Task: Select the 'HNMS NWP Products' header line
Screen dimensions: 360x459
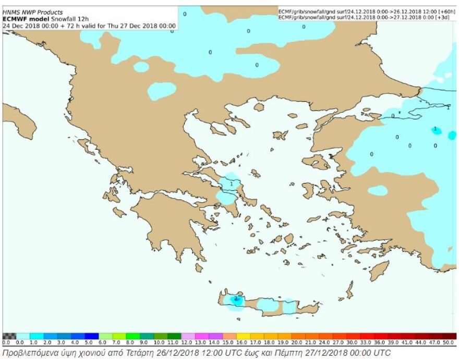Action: pos(32,12)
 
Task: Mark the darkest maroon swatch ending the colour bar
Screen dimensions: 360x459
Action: pos(450,336)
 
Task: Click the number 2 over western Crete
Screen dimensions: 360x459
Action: pos(236,298)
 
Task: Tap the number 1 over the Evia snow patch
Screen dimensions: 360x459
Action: pos(231,184)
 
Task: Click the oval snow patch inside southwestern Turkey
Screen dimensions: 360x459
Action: pos(378,190)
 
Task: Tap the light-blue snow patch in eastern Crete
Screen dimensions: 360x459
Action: pos(289,307)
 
